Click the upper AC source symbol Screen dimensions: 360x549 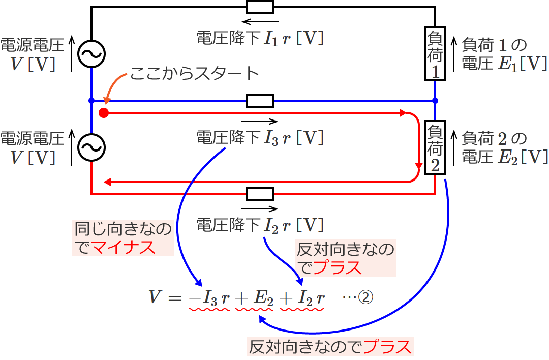[91, 52]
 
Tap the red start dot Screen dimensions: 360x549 [104, 113]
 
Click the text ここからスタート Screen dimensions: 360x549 [195, 74]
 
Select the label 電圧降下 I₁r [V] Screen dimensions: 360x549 [260, 39]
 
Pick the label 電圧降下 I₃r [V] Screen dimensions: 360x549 [260, 137]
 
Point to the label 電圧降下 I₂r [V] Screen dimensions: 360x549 [260, 225]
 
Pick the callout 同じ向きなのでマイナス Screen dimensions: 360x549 [124, 238]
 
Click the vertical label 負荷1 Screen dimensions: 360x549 [435, 55]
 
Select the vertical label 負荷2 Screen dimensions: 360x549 [435, 148]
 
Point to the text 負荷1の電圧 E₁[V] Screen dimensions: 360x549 [504, 55]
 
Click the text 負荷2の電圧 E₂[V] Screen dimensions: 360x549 [504, 148]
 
